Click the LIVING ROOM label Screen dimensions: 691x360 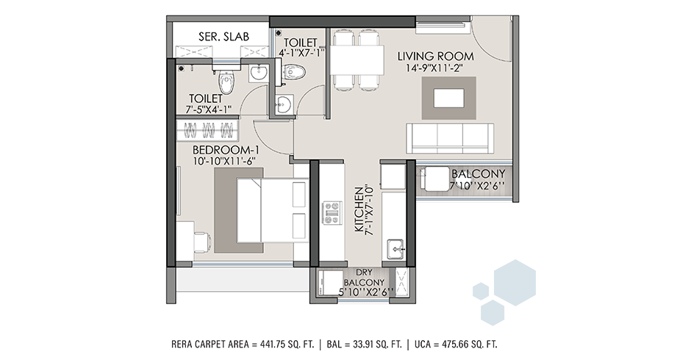pos(435,57)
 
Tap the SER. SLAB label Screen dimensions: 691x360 pos(223,37)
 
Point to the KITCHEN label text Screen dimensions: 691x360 pos(359,209)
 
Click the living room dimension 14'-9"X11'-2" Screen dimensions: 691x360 pos(434,68)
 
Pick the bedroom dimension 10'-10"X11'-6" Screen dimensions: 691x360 pos(224,162)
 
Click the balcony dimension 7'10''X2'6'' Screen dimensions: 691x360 pos(477,185)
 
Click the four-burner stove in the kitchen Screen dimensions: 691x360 pos(333,213)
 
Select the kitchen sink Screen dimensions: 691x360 pos(395,249)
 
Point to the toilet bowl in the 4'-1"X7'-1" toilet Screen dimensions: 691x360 pos(294,72)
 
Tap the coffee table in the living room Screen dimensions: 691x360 pos(448,98)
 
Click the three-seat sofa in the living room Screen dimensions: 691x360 pos(449,138)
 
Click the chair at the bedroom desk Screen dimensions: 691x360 pos(202,242)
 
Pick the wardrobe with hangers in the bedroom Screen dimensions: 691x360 pos(208,130)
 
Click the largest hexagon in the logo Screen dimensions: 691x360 pos(515,283)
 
